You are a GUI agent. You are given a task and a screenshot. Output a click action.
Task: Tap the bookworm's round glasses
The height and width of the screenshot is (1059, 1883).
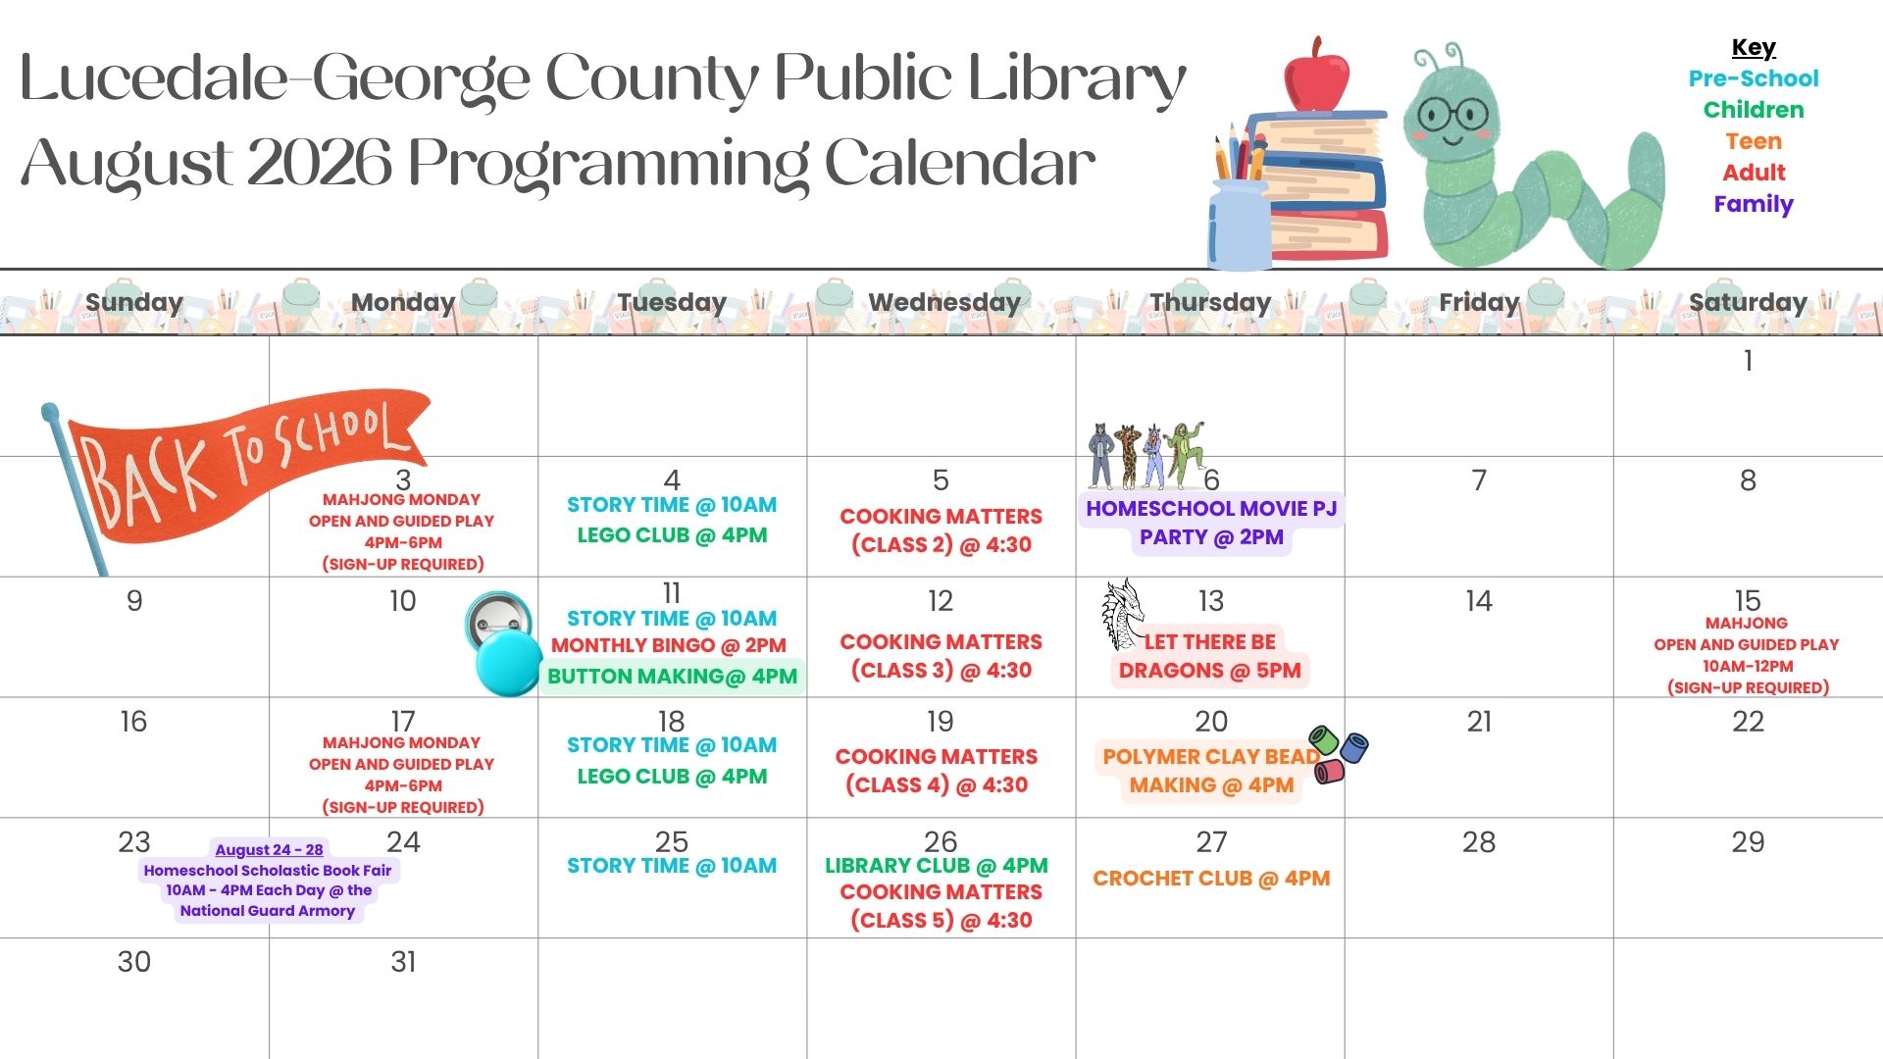tap(1453, 115)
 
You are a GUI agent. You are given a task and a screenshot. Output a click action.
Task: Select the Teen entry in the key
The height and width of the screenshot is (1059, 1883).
tap(1754, 141)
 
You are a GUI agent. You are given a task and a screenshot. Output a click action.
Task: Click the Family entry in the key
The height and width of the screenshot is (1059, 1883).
tap(1754, 204)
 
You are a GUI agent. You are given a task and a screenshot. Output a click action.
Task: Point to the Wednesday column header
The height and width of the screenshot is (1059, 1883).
tap(943, 302)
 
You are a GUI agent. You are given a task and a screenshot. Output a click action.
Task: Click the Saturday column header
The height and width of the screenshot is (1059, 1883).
tap(1748, 302)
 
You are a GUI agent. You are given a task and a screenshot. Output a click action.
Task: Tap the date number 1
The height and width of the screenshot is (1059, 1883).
tap(1748, 361)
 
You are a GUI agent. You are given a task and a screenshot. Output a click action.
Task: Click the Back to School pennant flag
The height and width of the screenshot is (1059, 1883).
tap(235, 471)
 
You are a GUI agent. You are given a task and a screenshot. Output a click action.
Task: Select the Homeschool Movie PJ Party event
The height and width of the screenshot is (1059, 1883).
tap(1211, 523)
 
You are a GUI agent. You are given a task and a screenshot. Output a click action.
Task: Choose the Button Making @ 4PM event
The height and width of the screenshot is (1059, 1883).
tap(672, 677)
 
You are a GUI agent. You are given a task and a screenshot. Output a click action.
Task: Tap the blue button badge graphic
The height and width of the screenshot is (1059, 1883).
tap(504, 644)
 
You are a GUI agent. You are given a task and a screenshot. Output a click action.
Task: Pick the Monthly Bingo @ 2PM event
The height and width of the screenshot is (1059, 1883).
tap(668, 645)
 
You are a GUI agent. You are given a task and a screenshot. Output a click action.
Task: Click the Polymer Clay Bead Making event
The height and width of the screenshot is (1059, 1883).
tap(1211, 771)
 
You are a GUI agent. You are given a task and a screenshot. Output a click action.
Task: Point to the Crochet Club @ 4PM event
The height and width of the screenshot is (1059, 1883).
tap(1211, 879)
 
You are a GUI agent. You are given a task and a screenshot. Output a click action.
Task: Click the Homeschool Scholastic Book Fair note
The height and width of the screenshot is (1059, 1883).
tap(267, 880)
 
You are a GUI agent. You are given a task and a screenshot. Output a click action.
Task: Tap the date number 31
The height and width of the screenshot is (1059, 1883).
tap(403, 962)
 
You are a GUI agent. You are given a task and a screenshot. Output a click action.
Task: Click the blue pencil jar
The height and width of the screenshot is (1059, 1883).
tap(1240, 226)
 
